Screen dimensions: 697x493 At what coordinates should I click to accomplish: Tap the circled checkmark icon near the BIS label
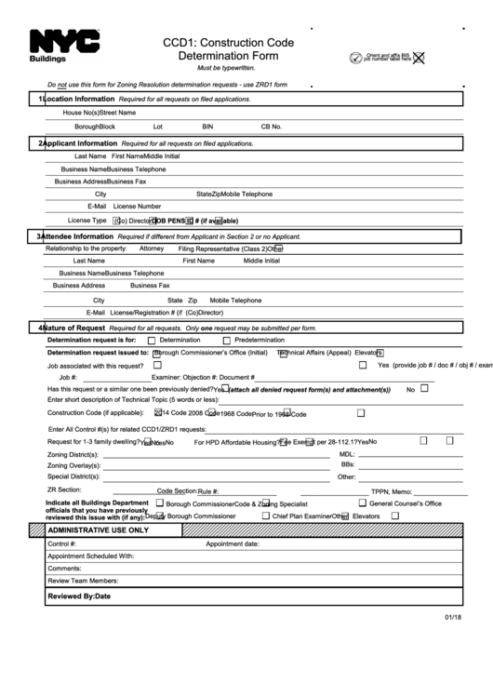pos(355,58)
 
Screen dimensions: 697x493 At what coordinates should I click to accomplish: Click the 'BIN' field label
pos(207,126)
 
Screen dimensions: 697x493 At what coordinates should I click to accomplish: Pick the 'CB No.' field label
pos(272,126)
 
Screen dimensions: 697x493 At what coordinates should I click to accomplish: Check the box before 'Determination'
pos(152,342)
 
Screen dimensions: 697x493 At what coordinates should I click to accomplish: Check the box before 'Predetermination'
pos(227,342)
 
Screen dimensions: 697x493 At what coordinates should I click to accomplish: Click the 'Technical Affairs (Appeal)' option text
pos(314,353)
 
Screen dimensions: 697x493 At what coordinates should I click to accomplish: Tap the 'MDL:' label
pos(347,453)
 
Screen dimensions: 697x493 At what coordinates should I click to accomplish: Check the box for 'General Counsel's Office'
pos(362,503)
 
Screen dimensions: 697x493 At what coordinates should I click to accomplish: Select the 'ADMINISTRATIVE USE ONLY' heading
pos(98,529)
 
